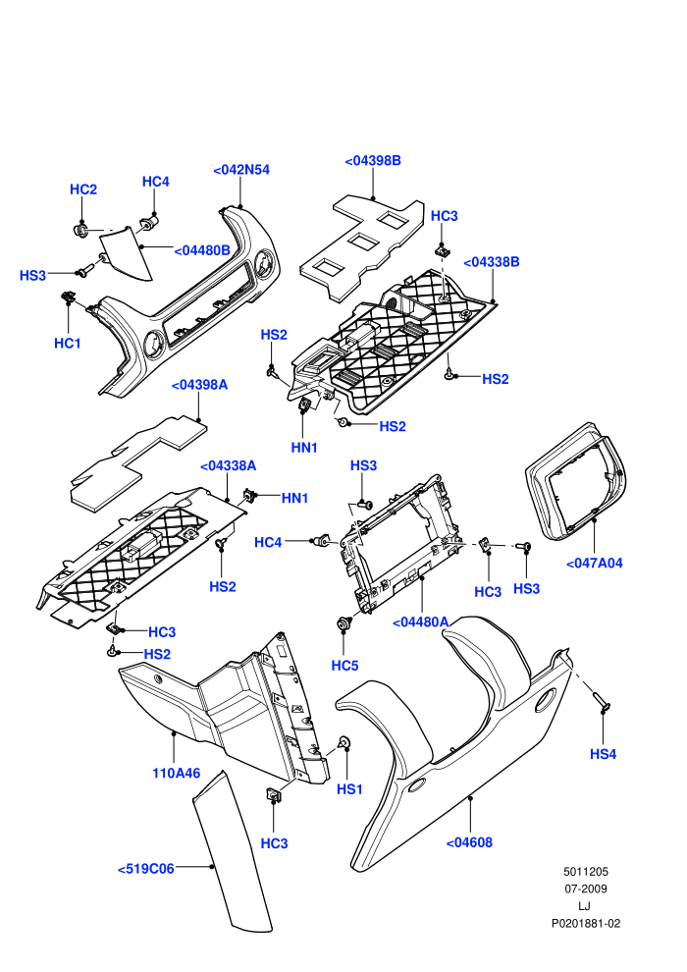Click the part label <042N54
tap(241, 170)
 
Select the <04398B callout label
tap(373, 161)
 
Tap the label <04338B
tap(492, 262)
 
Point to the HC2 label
tap(83, 189)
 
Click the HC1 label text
tap(68, 344)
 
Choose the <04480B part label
tap(202, 250)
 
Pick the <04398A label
tap(199, 385)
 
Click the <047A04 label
tap(594, 564)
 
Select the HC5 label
tap(345, 666)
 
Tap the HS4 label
tap(603, 754)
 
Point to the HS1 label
tap(349, 789)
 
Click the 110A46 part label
tap(177, 773)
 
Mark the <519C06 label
tap(146, 869)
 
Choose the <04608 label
tap(469, 842)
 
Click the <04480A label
tap(421, 621)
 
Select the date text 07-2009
tap(585, 889)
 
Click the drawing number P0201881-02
tap(585, 924)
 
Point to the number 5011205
tap(585, 872)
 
